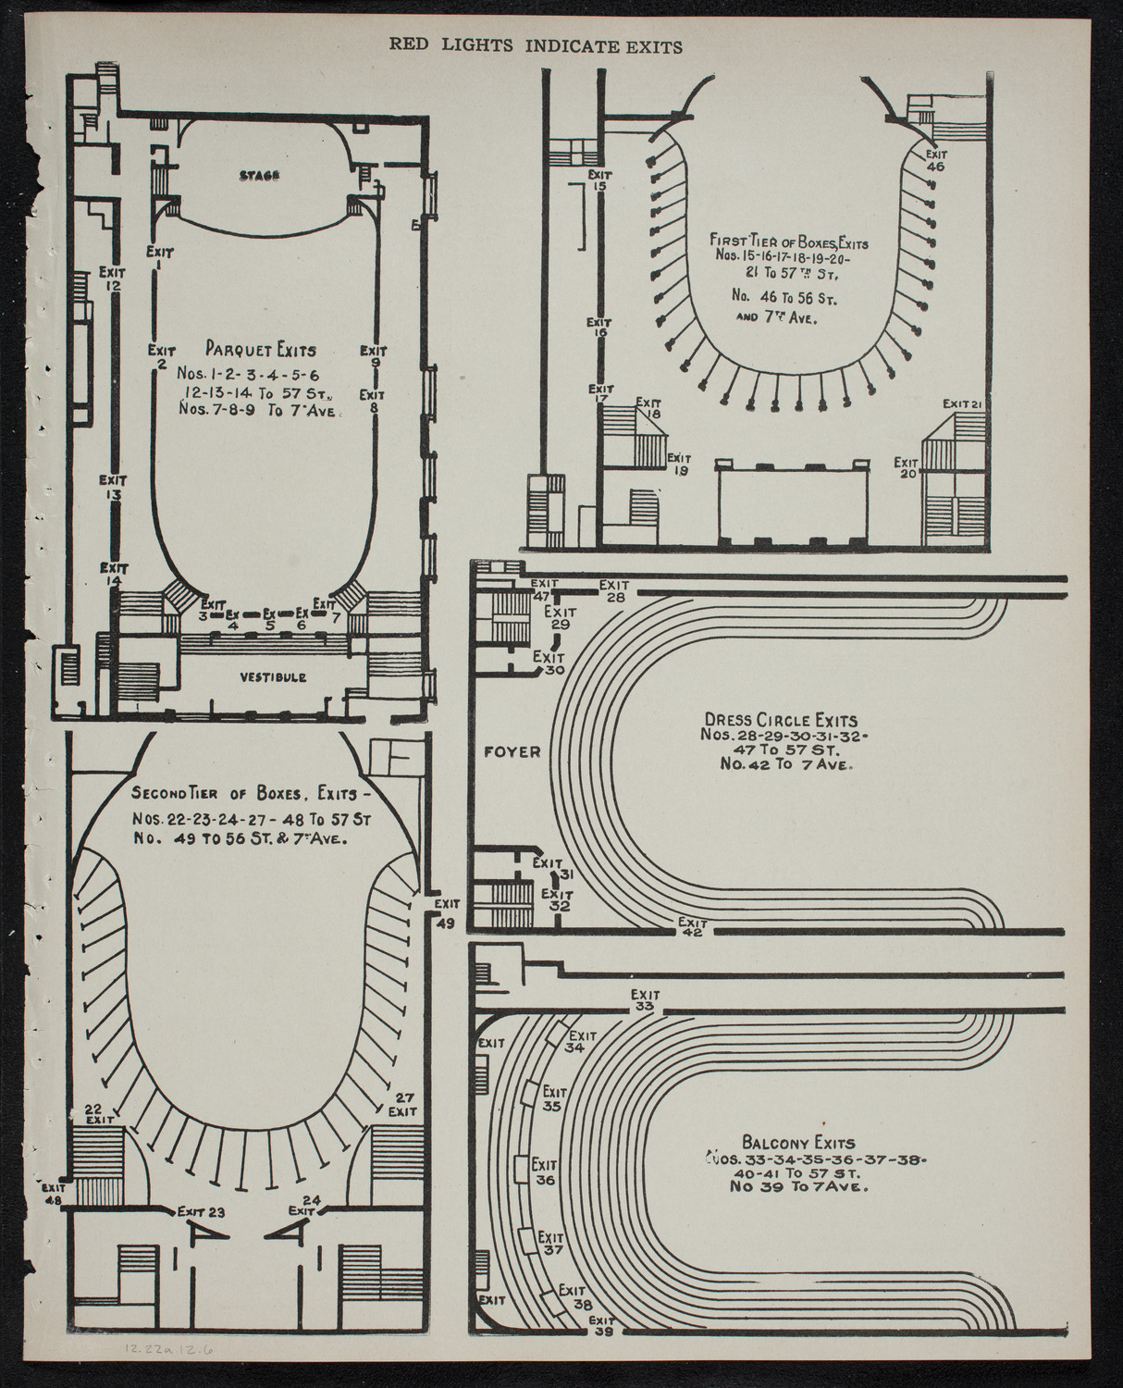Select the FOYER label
pyautogui.click(x=512, y=751)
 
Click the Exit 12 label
pyautogui.click(x=113, y=279)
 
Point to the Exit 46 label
pyautogui.click(x=936, y=161)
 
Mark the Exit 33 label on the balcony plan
pyautogui.click(x=646, y=1000)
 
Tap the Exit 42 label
pyautogui.click(x=692, y=927)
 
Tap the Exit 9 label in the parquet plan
pyautogui.click(x=374, y=356)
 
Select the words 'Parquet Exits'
pyautogui.click(x=262, y=351)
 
